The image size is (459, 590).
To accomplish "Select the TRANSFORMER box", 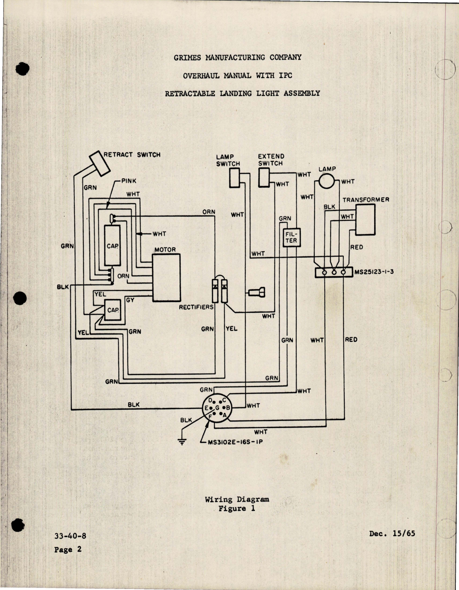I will (365, 220).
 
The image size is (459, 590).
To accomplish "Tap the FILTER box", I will (292, 238).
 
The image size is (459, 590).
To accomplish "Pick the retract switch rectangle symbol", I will (99, 163).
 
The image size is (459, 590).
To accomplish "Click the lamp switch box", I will (235, 178).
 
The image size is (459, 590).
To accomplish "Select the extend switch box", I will (264, 178).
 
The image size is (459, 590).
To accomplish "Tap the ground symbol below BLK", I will (182, 442).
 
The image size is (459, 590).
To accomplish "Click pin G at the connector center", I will (217, 408).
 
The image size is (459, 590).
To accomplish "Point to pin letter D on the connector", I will (211, 400).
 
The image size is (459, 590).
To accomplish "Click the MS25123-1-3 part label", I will (374, 272).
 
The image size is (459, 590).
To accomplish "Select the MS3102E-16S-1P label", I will (235, 442).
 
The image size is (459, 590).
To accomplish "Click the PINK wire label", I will (129, 181).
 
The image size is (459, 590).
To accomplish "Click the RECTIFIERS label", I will (196, 307).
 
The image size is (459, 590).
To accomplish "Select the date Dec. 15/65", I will (392, 533).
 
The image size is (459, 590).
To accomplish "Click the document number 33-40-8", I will (70, 536).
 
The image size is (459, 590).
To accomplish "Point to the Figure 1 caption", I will (237, 508).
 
